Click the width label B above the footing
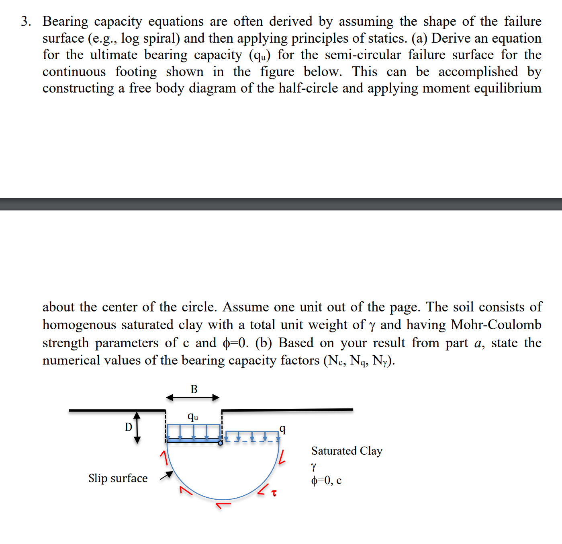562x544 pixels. tap(194, 389)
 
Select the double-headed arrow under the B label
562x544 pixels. tap(193, 398)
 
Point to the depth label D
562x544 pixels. tap(129, 427)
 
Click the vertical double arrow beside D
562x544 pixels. tap(137, 427)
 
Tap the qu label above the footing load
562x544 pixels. tap(193, 417)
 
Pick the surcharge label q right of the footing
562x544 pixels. tap(283, 429)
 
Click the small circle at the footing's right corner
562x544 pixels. tap(220, 443)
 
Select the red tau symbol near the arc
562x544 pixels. tap(274, 493)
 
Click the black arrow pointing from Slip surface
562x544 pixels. tap(166, 476)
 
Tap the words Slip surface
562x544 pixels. tap(118, 478)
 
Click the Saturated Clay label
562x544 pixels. tap(346, 451)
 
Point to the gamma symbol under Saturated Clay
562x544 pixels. tap(314, 466)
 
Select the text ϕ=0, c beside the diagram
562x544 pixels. tap(326, 480)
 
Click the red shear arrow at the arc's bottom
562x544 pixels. tap(223, 504)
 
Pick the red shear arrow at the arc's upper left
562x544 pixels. tap(163, 457)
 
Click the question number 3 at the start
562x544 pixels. tap(26, 21)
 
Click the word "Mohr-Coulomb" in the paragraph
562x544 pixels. tap(496, 324)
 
